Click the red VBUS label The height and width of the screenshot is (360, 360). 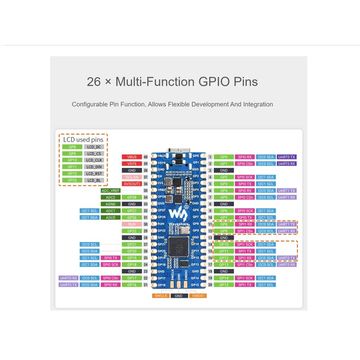click(x=132, y=157)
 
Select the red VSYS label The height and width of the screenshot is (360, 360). click(x=132, y=164)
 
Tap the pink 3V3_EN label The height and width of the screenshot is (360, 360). click(x=132, y=177)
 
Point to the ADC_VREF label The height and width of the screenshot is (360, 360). click(x=110, y=191)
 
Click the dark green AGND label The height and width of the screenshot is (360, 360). click(x=110, y=204)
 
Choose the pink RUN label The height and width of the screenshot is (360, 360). click(x=132, y=224)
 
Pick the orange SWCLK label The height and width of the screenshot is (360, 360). click(x=161, y=296)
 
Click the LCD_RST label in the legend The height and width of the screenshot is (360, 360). click(x=94, y=174)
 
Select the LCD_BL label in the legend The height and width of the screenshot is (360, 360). click(x=94, y=180)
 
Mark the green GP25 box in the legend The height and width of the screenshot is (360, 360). click(x=72, y=180)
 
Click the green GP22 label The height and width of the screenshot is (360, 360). click(x=132, y=231)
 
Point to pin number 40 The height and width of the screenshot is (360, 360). click(x=146, y=157)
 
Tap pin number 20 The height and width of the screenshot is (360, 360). click(x=210, y=285)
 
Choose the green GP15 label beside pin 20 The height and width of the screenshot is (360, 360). click(x=224, y=285)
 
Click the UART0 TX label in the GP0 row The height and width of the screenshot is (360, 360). click(x=287, y=157)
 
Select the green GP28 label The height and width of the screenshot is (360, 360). click(x=132, y=198)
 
